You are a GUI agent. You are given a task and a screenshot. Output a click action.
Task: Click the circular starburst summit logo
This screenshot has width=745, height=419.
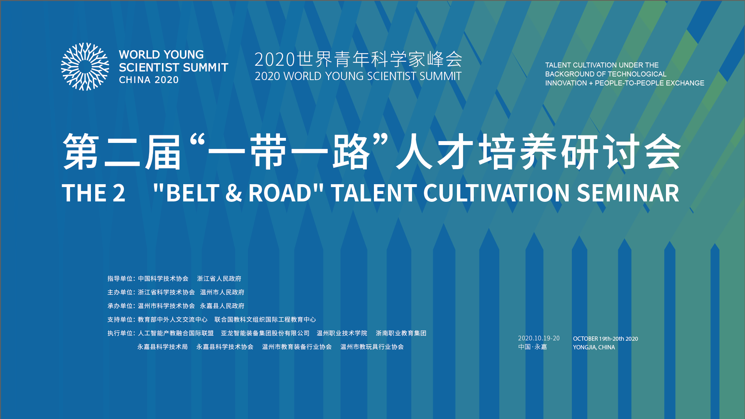[85, 67]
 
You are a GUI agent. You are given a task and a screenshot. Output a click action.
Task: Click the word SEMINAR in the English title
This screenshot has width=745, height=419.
[628, 193]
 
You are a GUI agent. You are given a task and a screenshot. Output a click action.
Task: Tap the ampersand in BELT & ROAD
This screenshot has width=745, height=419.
[234, 193]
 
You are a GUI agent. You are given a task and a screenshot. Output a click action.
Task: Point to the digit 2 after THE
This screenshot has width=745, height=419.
[119, 193]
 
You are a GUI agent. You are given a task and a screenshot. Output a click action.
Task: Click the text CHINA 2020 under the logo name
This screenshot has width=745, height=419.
[149, 80]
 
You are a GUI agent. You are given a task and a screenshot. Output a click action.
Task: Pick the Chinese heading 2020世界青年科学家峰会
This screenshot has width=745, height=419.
[358, 59]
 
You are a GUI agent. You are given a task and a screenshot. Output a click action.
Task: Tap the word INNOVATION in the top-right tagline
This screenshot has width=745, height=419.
[565, 83]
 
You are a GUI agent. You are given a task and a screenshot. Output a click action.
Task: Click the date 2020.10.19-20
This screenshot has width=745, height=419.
[539, 338]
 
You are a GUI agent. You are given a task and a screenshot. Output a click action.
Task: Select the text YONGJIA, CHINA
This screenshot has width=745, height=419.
[594, 347]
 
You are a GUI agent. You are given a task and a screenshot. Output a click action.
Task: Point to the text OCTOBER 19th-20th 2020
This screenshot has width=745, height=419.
[605, 339]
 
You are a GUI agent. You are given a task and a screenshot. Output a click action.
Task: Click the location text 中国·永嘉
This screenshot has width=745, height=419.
[532, 347]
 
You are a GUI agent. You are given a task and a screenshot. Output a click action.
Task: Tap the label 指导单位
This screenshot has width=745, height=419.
[120, 279]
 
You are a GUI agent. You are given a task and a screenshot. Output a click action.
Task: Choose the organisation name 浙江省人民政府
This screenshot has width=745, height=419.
[219, 279]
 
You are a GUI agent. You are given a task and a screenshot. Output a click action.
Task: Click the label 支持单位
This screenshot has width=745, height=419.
[120, 320]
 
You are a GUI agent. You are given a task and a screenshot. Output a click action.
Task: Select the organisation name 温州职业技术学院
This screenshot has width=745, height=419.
[342, 333]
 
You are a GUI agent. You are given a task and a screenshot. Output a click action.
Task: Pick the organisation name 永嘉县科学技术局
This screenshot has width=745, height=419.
[162, 347]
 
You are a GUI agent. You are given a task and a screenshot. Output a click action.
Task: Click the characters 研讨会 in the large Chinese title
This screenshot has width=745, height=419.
[621, 152]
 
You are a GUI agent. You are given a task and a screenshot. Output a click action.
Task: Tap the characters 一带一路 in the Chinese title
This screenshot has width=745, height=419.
[289, 152]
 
